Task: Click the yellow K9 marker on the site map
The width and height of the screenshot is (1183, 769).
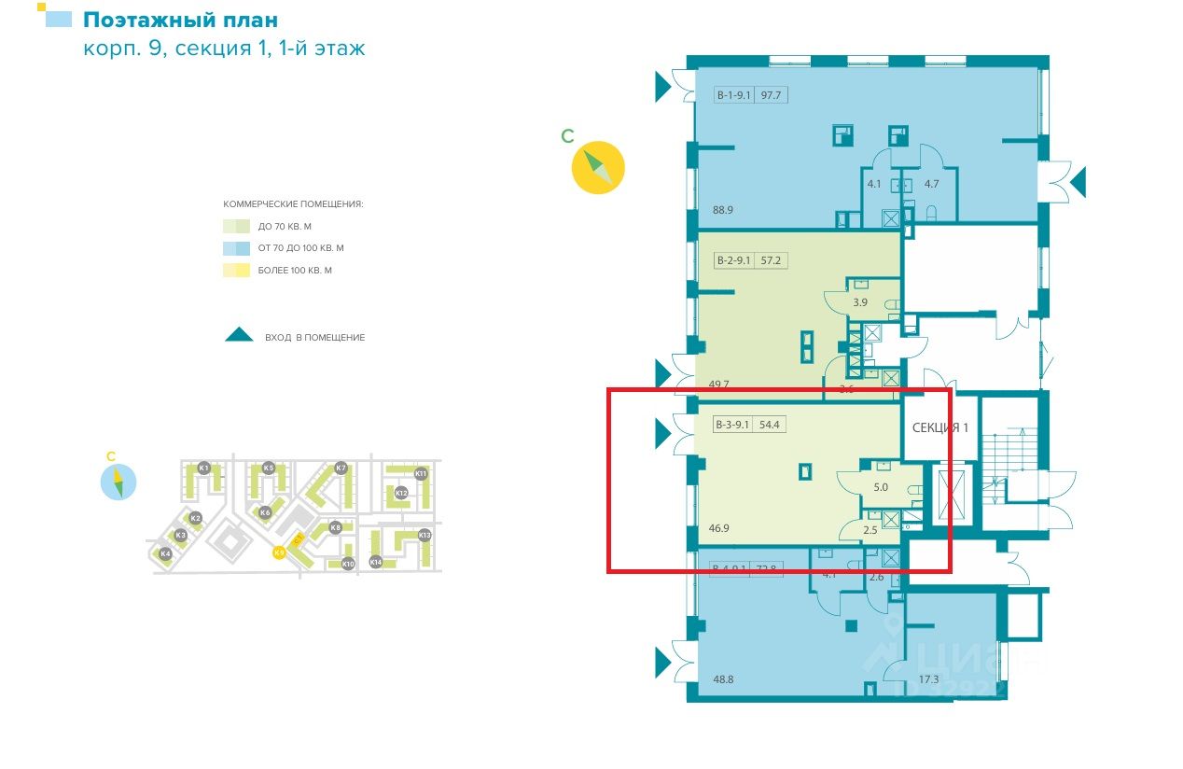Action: point(279,552)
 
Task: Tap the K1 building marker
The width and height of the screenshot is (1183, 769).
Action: point(203,467)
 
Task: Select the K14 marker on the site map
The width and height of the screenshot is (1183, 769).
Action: point(376,562)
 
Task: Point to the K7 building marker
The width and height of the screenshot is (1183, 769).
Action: point(341,467)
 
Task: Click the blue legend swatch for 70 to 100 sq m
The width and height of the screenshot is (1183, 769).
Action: point(236,248)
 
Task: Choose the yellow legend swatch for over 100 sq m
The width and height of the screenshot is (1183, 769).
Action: point(236,271)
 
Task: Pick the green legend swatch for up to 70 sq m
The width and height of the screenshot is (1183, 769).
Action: point(236,226)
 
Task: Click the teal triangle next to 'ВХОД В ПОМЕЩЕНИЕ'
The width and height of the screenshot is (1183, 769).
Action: point(240,335)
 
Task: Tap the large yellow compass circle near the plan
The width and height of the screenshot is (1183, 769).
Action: point(598,167)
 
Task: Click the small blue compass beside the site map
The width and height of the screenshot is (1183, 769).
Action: point(118,482)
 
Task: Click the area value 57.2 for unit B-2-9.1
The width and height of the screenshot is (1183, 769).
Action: point(771,260)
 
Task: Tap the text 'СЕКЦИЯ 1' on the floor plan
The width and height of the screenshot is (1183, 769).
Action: point(940,427)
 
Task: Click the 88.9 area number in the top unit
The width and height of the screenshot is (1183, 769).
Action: point(722,210)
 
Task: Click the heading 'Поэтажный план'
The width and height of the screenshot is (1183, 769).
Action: point(180,20)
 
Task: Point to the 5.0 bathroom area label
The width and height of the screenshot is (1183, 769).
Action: point(881,487)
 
